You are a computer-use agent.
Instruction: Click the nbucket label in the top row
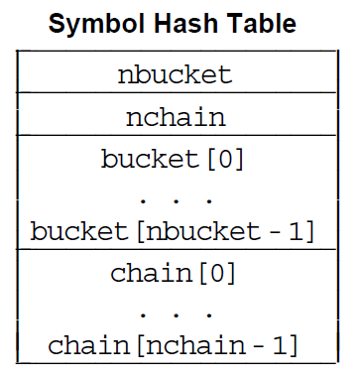click(x=175, y=74)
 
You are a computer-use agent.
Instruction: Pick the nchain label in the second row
click(x=175, y=117)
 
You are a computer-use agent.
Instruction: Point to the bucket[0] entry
click(x=173, y=159)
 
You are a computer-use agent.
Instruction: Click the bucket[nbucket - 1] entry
click(x=173, y=232)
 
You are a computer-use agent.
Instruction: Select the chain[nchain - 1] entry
click(x=174, y=346)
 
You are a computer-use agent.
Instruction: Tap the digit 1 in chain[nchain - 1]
click(x=279, y=346)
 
